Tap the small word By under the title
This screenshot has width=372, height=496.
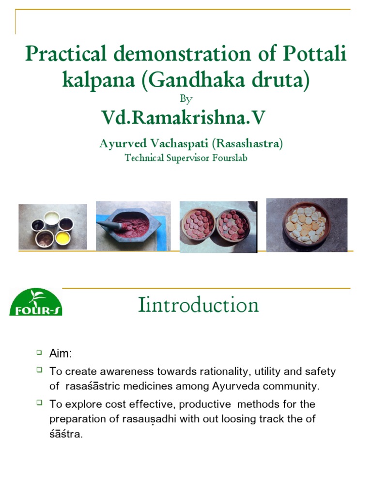186,99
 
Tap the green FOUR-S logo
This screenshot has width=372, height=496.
36,302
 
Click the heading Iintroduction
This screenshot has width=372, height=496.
198,305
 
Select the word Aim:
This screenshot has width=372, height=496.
61,354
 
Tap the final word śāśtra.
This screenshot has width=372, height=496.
66,434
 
